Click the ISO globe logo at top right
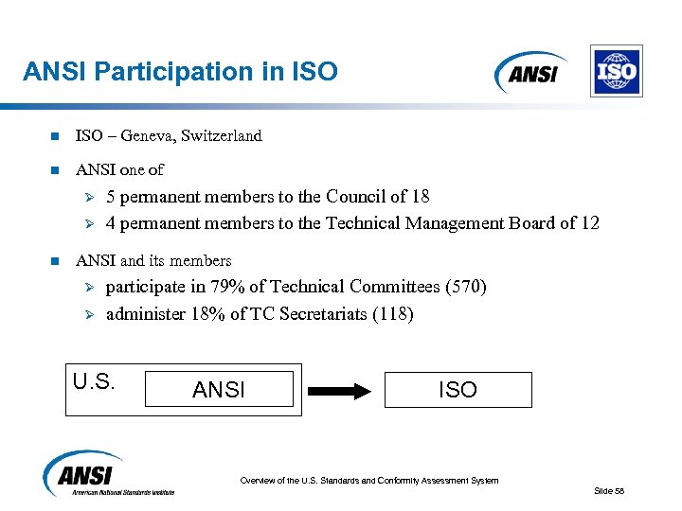(x=616, y=71)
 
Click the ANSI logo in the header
(x=530, y=72)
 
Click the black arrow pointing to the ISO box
(x=341, y=390)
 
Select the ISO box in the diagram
(x=458, y=390)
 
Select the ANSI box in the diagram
(x=219, y=390)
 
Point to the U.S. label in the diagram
(x=94, y=383)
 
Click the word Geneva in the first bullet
(x=153, y=136)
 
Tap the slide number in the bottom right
(x=609, y=490)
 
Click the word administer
(x=142, y=314)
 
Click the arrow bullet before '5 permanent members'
(x=84, y=198)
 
